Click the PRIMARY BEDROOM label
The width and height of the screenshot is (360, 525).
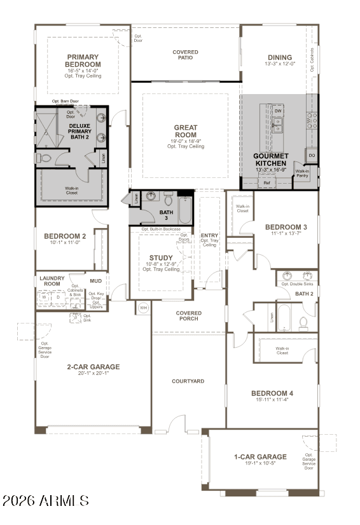pyautogui.click(x=83, y=60)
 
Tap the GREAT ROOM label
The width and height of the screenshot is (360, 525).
pyautogui.click(x=186, y=131)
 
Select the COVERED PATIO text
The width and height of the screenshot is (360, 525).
pyautogui.click(x=186, y=55)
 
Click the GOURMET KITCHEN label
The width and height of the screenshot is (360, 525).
pyautogui.click(x=271, y=159)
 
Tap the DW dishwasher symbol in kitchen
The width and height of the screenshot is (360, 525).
pyautogui.click(x=278, y=111)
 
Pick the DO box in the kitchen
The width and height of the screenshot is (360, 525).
pyautogui.click(x=312, y=155)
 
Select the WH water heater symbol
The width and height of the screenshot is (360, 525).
pyautogui.click(x=143, y=308)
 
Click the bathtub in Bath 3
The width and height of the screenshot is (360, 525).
pyautogui.click(x=184, y=210)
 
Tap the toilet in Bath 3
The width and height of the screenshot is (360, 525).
pyautogui.click(x=169, y=198)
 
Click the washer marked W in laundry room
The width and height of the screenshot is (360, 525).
pyautogui.click(x=45, y=296)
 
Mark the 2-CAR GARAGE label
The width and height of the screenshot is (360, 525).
pyautogui.click(x=93, y=367)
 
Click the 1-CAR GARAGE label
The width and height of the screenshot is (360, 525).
pyautogui.click(x=260, y=456)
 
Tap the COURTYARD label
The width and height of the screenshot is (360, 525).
pyautogui.click(x=188, y=381)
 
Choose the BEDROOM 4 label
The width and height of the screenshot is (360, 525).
pyautogui.click(x=272, y=393)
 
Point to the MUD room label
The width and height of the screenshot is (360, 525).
pyautogui.click(x=95, y=280)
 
